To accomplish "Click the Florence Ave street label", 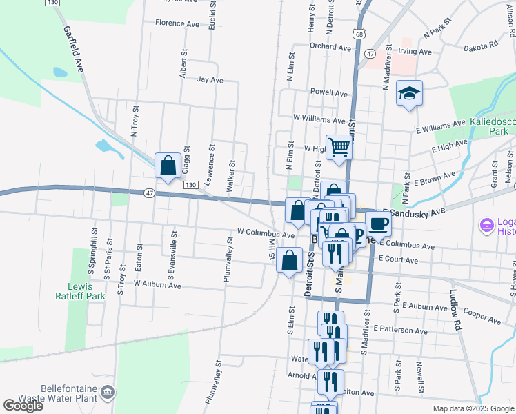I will (x=177, y=23).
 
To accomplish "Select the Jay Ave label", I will (x=210, y=80).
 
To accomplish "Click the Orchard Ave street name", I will (x=330, y=47).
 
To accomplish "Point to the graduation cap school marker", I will (x=409, y=94).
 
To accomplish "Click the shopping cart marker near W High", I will (x=339, y=147).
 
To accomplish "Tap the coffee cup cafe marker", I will (x=378, y=224).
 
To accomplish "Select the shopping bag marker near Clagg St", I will (x=168, y=166).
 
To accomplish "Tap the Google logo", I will (x=23, y=406).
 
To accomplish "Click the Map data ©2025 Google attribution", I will (x=473, y=408).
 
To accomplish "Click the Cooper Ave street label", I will (x=482, y=316).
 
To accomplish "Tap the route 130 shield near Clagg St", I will (x=190, y=185).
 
